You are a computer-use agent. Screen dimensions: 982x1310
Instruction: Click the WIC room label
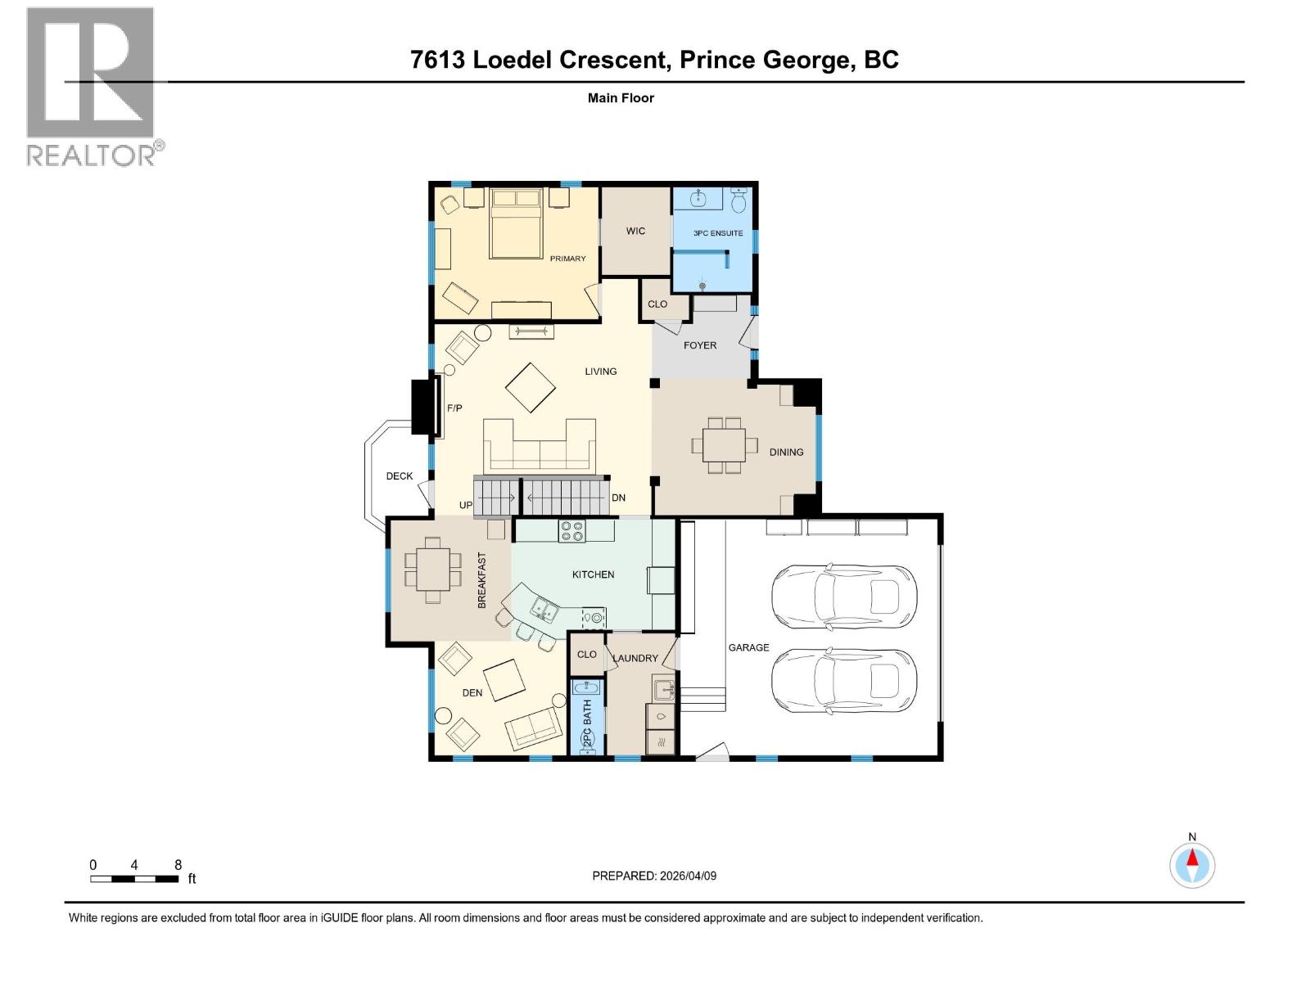pyautogui.click(x=635, y=231)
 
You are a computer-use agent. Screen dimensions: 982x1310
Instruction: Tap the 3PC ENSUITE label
pyautogui.click(x=718, y=233)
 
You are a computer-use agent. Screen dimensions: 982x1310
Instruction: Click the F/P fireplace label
pyautogui.click(x=454, y=408)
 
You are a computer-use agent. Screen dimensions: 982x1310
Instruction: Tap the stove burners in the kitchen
pyautogui.click(x=571, y=531)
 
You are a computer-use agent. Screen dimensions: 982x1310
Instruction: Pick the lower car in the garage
pyautogui.click(x=843, y=680)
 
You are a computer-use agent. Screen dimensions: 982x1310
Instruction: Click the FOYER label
pyautogui.click(x=700, y=345)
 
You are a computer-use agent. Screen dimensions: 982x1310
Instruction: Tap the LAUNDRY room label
pyautogui.click(x=635, y=658)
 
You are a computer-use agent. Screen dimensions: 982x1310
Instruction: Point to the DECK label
pyautogui.click(x=400, y=476)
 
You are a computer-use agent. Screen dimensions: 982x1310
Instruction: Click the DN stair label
pyautogui.click(x=618, y=498)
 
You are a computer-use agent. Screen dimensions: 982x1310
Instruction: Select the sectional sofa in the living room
pyautogui.click(x=539, y=447)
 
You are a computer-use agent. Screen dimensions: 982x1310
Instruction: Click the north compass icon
pyautogui.click(x=1192, y=864)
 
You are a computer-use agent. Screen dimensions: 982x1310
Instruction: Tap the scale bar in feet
pyautogui.click(x=134, y=879)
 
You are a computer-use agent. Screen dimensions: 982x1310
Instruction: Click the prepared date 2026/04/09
pyautogui.click(x=687, y=876)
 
